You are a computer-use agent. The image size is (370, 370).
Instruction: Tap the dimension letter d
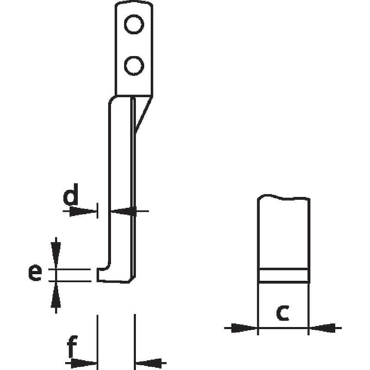71,194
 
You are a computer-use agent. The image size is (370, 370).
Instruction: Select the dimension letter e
35,273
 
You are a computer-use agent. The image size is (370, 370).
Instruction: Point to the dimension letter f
72,345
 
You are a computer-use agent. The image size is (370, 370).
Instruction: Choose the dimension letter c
282,313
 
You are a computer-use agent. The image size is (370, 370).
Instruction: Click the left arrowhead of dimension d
83,211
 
